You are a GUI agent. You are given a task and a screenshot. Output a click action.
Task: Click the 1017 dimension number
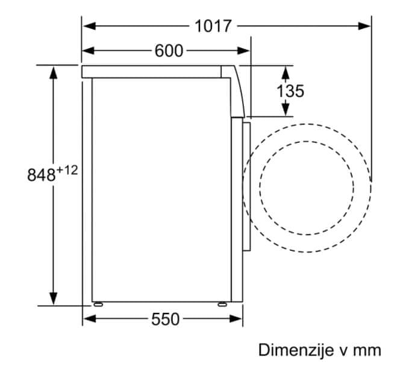coord(213,26)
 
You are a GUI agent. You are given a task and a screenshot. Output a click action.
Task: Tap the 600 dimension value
coord(169,51)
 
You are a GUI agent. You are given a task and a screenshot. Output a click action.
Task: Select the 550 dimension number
coord(165,319)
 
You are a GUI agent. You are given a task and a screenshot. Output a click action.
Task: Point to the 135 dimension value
coord(290,91)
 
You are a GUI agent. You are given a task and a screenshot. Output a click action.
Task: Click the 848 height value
coord(41,175)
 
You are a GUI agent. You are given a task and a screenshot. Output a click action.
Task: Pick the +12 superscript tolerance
coord(67,171)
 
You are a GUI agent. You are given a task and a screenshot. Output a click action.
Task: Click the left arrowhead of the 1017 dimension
coord(89,26)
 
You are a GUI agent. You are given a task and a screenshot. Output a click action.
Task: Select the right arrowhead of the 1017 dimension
coord(364,26)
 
